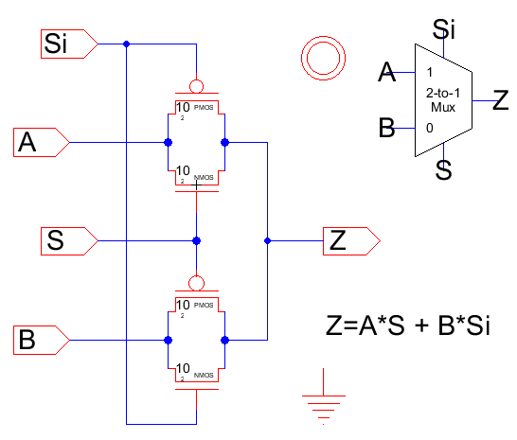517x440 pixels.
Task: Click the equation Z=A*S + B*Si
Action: click(x=413, y=327)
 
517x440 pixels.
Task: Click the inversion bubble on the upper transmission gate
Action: click(x=196, y=83)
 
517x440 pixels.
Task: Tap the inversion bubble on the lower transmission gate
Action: click(x=196, y=282)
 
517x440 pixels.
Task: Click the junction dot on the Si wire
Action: click(x=127, y=44)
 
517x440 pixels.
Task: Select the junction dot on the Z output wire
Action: click(x=267, y=241)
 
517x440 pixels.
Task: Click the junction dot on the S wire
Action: click(x=196, y=240)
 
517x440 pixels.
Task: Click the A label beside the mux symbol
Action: click(x=385, y=72)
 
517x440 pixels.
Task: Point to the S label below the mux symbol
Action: click(x=443, y=170)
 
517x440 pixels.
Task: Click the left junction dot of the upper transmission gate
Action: click(x=168, y=143)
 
